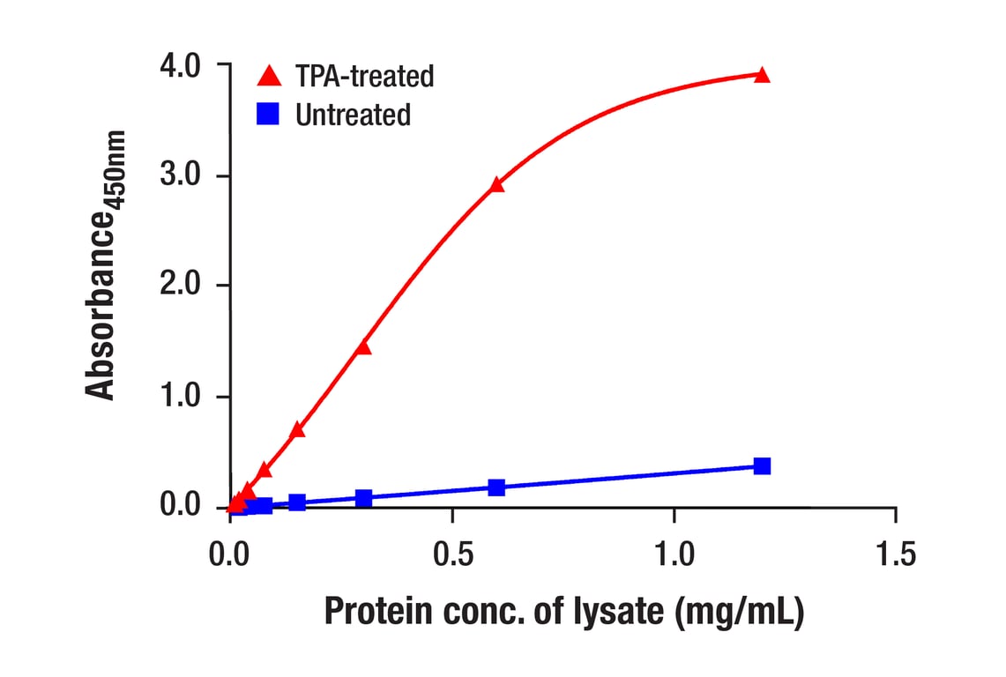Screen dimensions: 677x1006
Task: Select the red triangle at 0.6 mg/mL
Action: pyautogui.click(x=496, y=185)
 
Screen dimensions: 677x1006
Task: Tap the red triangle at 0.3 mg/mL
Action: pyautogui.click(x=363, y=347)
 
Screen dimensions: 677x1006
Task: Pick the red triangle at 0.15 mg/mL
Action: pyautogui.click(x=297, y=430)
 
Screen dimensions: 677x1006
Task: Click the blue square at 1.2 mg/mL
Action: pyautogui.click(x=762, y=465)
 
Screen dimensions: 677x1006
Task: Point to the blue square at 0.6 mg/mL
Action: pyautogui.click(x=496, y=487)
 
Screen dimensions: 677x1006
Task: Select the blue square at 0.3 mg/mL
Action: pyautogui.click(x=363, y=497)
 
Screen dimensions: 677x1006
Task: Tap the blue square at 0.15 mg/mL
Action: pyautogui.click(x=297, y=502)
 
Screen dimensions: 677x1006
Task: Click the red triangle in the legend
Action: pyautogui.click(x=268, y=77)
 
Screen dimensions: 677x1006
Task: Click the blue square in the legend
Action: pyautogui.click(x=268, y=115)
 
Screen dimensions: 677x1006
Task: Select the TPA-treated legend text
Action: pyautogui.click(x=365, y=77)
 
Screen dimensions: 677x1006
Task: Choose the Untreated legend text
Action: pyautogui.click(x=353, y=115)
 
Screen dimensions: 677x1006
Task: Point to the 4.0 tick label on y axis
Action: pyautogui.click(x=182, y=66)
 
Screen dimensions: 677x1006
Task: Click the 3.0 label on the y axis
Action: pyautogui.click(x=182, y=176)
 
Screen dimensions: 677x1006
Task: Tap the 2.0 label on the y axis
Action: pyautogui.click(x=182, y=286)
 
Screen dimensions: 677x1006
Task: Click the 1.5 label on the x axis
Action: pyautogui.click(x=895, y=555)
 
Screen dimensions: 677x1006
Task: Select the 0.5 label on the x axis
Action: pyautogui.click(x=452, y=555)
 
